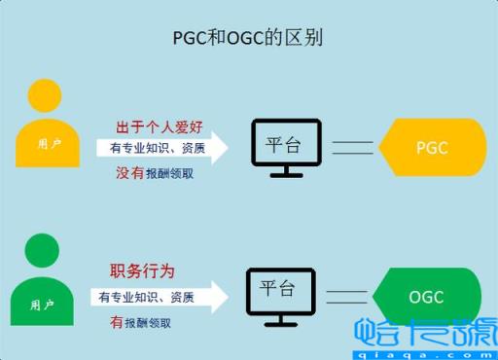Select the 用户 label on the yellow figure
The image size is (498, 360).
click(x=49, y=143)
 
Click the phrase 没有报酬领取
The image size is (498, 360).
click(x=155, y=172)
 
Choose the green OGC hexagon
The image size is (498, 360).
click(x=427, y=297)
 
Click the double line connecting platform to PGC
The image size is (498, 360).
click(x=353, y=148)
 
